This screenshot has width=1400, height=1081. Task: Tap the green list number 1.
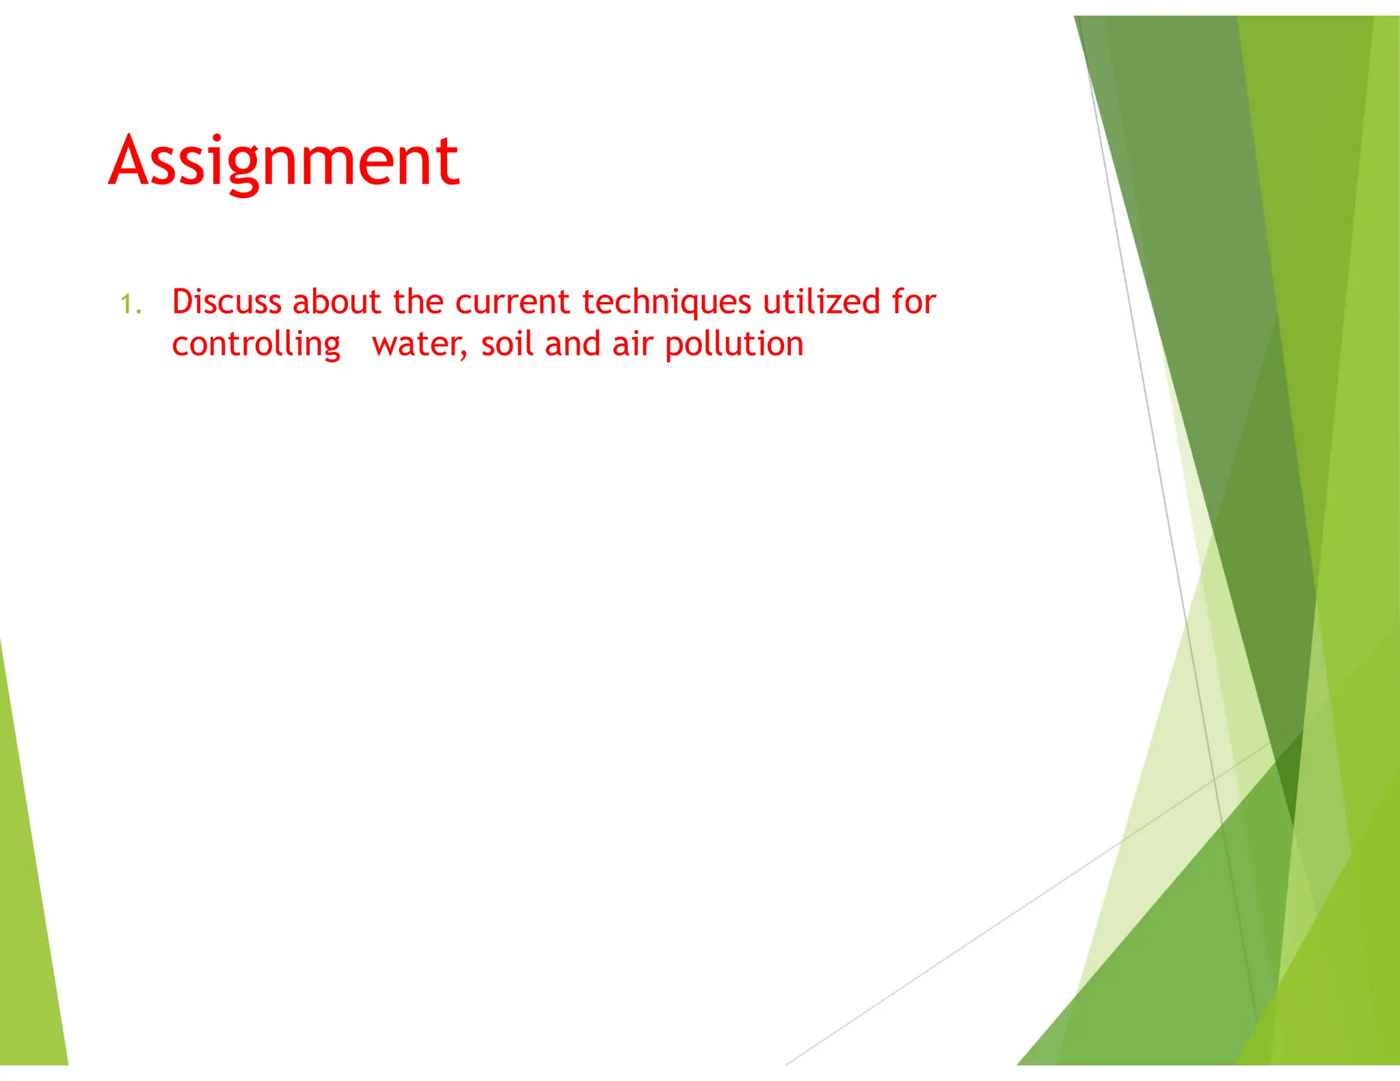point(129,304)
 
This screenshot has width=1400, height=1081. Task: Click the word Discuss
point(226,301)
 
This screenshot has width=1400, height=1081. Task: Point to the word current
point(512,302)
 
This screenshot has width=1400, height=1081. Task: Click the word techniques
point(667,303)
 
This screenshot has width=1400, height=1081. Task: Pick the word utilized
point(821,301)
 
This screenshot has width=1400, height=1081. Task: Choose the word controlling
point(256,344)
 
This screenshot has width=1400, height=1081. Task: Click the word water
point(416,344)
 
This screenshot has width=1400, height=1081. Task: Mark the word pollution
point(734,344)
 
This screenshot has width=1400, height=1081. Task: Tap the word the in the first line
point(418,301)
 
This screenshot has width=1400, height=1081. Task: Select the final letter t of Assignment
point(449,163)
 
